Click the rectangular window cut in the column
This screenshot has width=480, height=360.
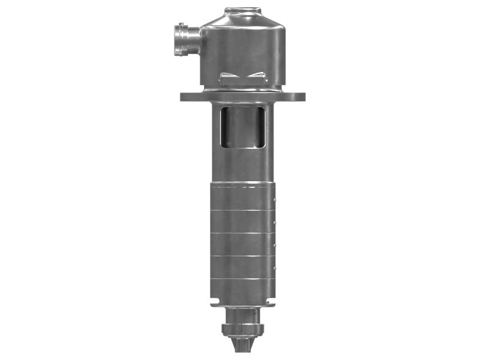coord(242,127)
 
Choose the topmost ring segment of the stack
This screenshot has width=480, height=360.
coord(242,197)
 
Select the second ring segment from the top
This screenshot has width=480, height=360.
coord(242,221)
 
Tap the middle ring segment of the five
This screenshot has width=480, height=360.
coord(242,244)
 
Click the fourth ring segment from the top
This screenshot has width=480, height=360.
coord(242,267)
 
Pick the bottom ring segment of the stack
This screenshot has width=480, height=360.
coord(242,290)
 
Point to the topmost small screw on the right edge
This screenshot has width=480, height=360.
coord(275,199)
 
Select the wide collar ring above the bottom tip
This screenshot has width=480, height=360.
coord(242,329)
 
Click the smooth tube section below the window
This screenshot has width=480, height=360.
coord(242,165)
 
